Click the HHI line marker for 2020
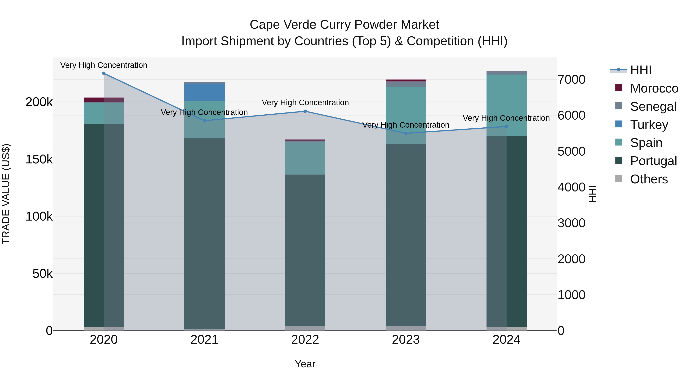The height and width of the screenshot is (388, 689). [x=104, y=73]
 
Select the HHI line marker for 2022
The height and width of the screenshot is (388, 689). [x=305, y=111]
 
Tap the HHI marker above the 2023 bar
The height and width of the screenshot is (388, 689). [x=406, y=133]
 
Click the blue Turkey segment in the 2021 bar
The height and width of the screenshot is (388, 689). [x=204, y=92]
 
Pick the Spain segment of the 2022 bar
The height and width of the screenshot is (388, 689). [x=305, y=158]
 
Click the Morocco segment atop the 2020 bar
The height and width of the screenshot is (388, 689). [x=104, y=100]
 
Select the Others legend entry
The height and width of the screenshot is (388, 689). [x=649, y=179]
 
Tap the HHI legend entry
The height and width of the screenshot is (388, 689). [x=641, y=70]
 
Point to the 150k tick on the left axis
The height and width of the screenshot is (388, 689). [x=39, y=159]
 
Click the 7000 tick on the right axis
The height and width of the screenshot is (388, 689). [x=571, y=80]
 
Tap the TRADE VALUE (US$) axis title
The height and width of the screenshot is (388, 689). [x=6, y=194]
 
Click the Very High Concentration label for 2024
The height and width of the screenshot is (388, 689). [x=506, y=118]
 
